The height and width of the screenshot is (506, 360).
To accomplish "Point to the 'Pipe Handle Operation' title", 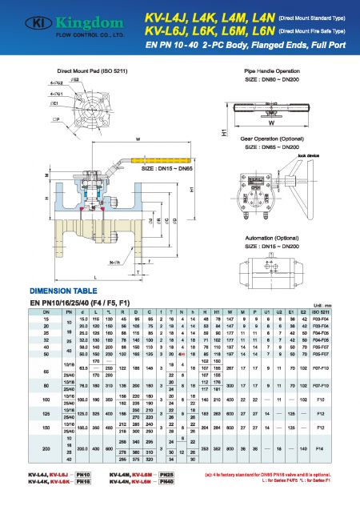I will tap(271, 72).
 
